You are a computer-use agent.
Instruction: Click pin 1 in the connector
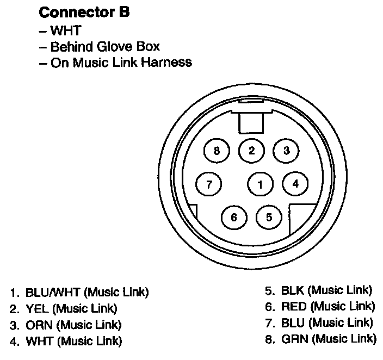[260, 184]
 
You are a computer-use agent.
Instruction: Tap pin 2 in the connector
[251, 151]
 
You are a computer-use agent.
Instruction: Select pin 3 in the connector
[286, 151]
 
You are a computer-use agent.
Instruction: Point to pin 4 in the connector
[295, 183]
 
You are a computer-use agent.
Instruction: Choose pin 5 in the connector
[269, 217]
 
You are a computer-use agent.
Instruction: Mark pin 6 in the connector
[234, 217]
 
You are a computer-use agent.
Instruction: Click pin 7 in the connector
[208, 183]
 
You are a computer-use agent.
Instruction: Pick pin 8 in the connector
[217, 151]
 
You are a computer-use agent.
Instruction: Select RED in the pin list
[294, 306]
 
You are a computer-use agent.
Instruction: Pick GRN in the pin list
[294, 338]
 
